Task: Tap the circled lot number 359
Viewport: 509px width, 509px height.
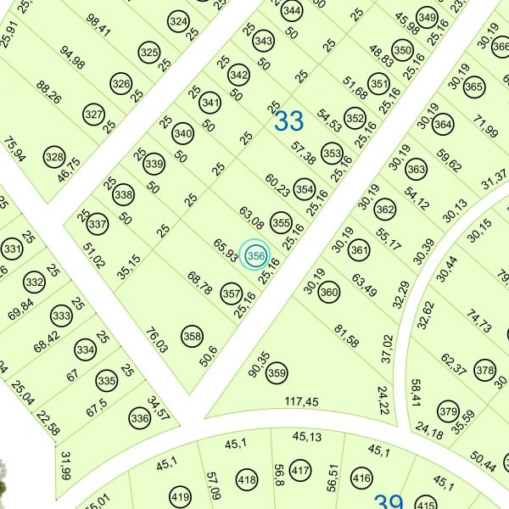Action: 277,372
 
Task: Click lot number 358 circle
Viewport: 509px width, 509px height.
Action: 193,337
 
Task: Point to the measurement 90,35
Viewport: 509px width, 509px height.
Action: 259,364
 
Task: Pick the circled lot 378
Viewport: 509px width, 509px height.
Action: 484,371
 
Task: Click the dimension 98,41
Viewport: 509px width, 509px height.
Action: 98,25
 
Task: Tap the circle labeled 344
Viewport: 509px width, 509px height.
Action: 292,11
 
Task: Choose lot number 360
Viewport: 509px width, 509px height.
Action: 329,293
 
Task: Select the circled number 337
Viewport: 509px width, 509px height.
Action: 98,225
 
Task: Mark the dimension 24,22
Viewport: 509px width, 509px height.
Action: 383,400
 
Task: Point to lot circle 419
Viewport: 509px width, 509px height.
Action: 180,496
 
